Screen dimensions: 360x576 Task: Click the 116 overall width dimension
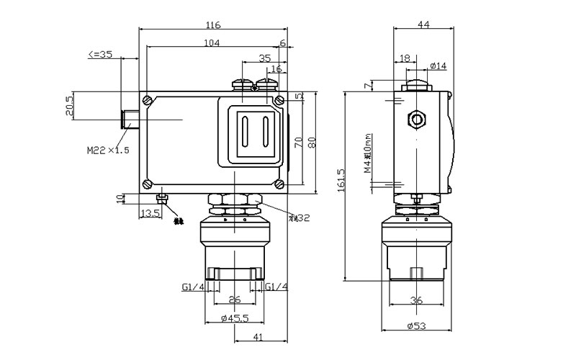212,25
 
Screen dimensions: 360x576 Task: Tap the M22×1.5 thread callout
108,150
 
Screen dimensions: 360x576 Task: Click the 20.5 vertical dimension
70,106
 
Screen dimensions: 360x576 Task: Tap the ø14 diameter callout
438,66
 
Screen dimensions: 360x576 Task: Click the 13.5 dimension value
150,214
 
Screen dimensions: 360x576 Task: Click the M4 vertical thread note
368,153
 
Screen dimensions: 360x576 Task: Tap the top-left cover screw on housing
148,99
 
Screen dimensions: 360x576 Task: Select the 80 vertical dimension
311,142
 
